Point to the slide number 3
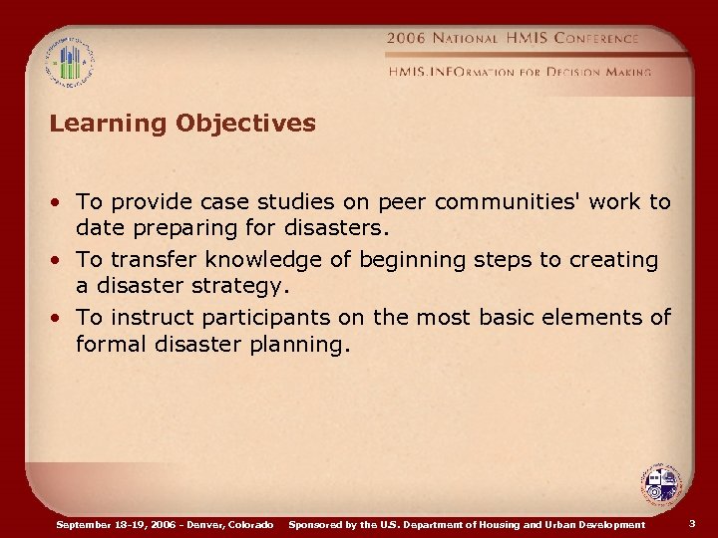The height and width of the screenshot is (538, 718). tap(692, 523)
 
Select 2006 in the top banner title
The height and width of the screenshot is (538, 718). tap(407, 38)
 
